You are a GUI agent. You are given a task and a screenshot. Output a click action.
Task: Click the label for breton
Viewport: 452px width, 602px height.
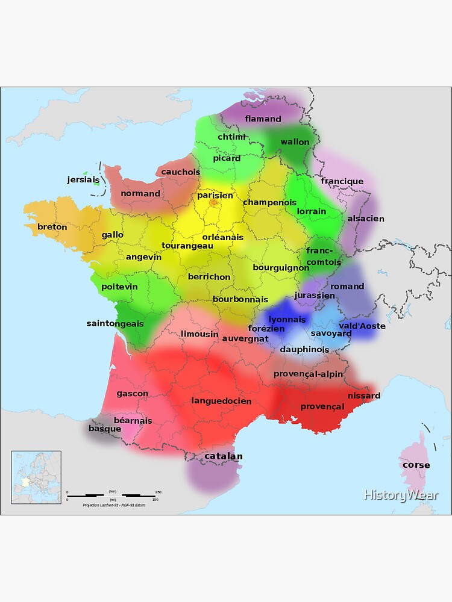pos(52,227)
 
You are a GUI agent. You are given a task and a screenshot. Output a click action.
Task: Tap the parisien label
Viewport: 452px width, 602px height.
pos(215,195)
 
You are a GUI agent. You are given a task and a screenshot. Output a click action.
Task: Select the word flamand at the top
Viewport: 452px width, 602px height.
pos(263,119)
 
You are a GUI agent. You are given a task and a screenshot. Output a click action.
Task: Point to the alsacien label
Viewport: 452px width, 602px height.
pos(365,219)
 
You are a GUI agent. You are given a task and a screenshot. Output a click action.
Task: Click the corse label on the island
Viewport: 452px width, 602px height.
pos(416,465)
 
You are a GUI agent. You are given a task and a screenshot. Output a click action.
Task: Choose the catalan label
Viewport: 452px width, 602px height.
pos(224,456)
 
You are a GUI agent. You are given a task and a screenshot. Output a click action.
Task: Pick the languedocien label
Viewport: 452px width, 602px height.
pos(221,401)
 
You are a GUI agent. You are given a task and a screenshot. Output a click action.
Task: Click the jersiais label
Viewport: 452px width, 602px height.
pos(83,179)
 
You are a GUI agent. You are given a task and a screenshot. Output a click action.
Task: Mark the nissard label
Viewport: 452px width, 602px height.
pos(364,396)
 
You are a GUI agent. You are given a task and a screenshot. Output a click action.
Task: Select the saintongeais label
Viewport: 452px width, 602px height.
pos(115,323)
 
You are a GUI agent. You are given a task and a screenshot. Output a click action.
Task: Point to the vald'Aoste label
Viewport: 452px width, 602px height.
pos(362,326)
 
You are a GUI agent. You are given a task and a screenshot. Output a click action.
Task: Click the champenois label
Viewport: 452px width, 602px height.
pos(269,202)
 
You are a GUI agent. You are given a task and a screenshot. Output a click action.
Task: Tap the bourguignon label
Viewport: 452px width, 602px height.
pos(281,267)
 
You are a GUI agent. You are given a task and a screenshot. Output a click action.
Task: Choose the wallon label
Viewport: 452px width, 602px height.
pos(295,142)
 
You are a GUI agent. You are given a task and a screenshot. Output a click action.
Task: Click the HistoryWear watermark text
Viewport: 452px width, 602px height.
pos(401,495)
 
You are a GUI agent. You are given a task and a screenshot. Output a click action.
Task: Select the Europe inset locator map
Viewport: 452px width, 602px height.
pos(36,477)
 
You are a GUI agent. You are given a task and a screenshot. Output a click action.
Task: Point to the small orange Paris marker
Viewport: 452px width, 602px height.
pos(213,203)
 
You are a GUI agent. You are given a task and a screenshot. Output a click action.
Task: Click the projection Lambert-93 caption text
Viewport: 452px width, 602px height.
pos(114,504)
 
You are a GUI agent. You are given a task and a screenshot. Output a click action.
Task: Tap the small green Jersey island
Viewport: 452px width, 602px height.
pos(95,182)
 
